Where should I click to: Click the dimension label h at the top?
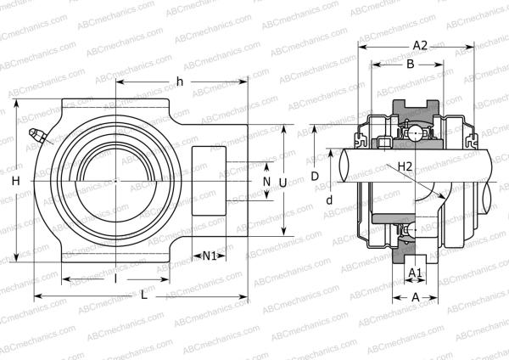click(179, 81)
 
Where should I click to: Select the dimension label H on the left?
click(15, 182)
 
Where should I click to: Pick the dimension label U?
click(282, 182)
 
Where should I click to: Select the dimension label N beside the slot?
click(266, 182)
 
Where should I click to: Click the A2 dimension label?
click(419, 45)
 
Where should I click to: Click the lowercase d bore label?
click(327, 200)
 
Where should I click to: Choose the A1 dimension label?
click(415, 272)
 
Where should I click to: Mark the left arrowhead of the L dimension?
click(36, 296)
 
